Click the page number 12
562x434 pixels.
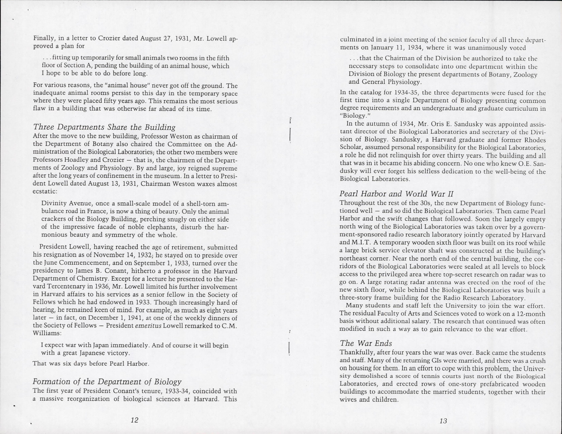pyautogui.click(x=135, y=420)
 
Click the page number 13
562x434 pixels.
pyautogui.click(x=443, y=421)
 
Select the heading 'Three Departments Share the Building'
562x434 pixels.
pyautogui.click(x=104, y=127)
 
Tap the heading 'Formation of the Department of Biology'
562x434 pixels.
pyautogui.click(x=107, y=382)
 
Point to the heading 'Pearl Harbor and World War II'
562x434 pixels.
pyautogui.click(x=396, y=194)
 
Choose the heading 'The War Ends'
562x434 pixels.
pyautogui.click(x=366, y=343)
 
